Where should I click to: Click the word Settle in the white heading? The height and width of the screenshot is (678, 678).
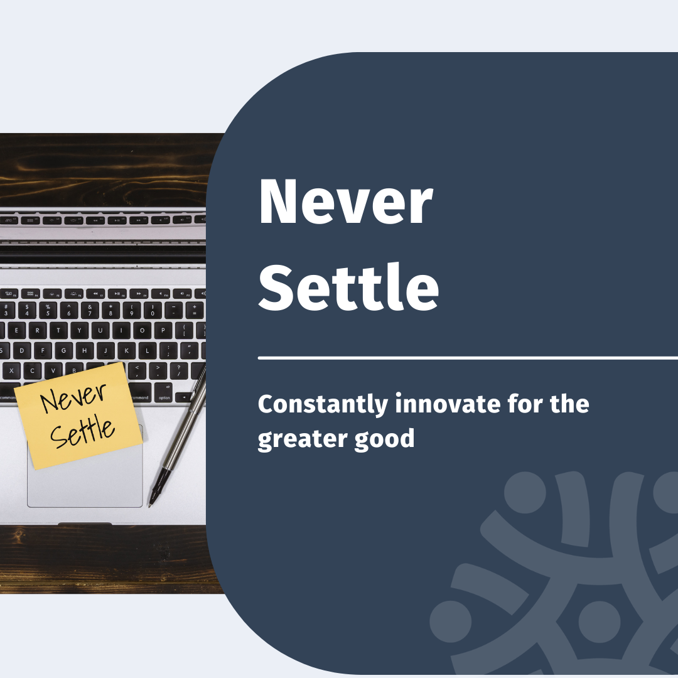[x=348, y=287]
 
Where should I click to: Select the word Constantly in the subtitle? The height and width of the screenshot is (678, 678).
[x=323, y=404]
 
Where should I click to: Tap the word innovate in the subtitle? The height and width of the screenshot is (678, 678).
[x=448, y=404]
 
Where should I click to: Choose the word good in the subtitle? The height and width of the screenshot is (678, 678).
[x=384, y=439]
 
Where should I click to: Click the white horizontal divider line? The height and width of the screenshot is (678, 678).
[x=468, y=358]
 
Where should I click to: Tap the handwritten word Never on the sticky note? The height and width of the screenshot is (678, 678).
[x=73, y=397]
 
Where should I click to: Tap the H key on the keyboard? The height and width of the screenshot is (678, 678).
[x=85, y=351]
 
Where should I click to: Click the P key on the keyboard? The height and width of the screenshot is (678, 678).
[x=163, y=331]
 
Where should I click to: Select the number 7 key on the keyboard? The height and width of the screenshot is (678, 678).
[x=90, y=311]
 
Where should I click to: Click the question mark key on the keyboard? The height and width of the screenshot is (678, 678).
[x=178, y=370]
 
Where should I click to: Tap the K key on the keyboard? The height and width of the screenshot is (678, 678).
[x=127, y=351]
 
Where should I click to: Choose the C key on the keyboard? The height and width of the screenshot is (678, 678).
[x=32, y=371]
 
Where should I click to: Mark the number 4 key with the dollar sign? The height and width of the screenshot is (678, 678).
[x=27, y=311]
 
